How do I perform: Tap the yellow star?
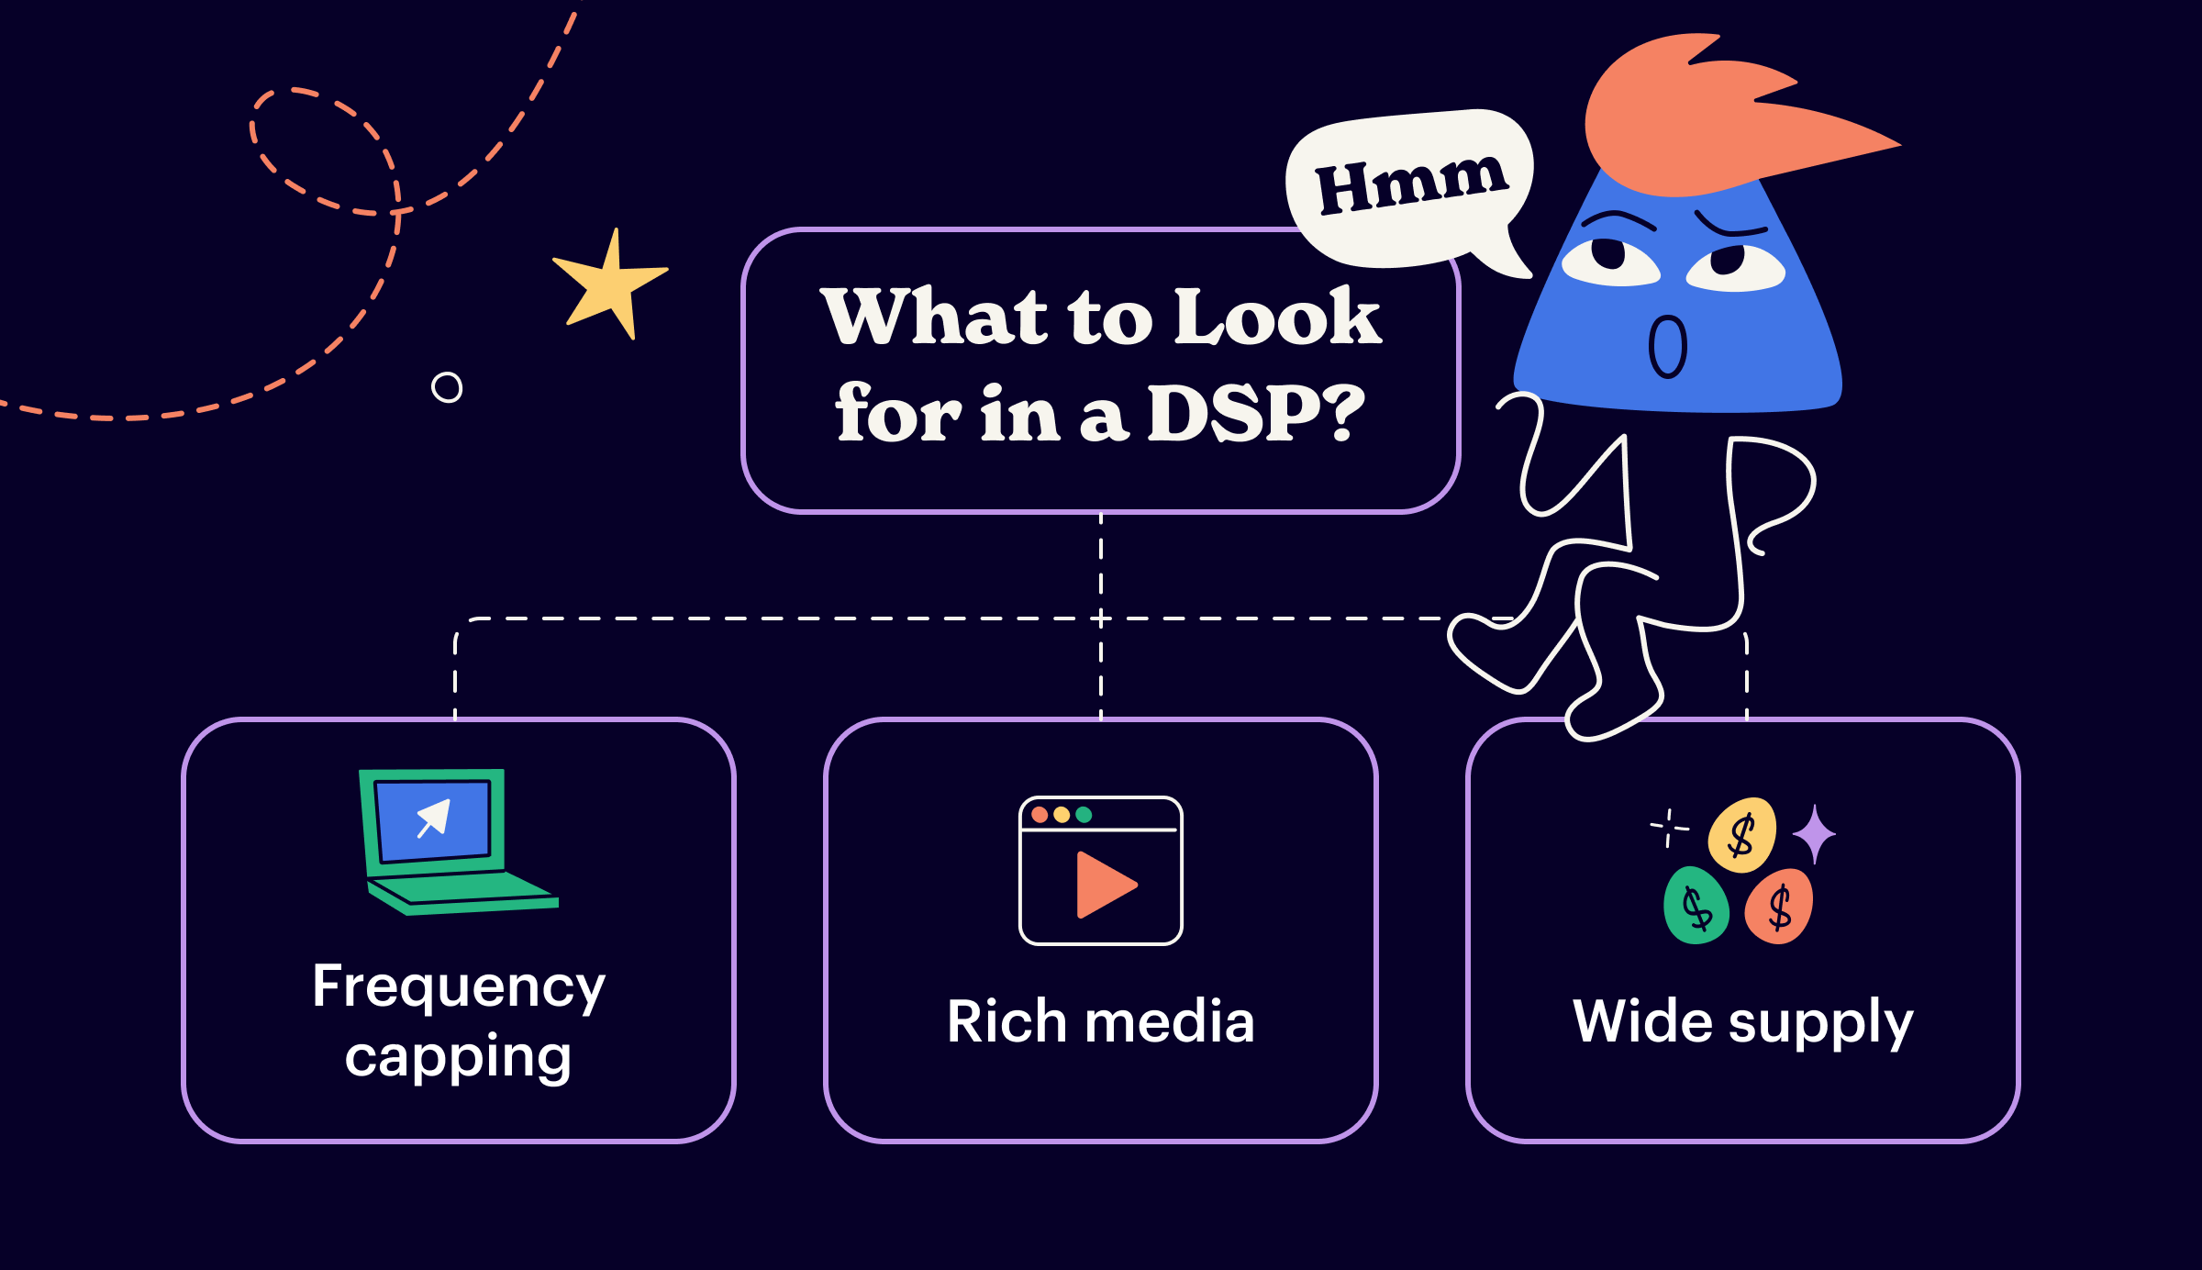tap(609, 284)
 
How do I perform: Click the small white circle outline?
tap(447, 387)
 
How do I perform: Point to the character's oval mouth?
tap(1667, 347)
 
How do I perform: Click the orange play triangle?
tap(1104, 885)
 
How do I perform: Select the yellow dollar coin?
tap(1741, 835)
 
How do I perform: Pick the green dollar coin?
tap(1696, 907)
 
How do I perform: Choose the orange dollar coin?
tap(1779, 908)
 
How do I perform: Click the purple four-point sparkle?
tap(1814, 834)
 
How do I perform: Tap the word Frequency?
tap(459, 988)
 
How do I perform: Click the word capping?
tap(458, 1058)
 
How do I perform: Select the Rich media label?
tap(1100, 1022)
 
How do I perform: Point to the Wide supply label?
tap(1742, 1022)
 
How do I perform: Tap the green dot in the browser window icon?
tap(1084, 815)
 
